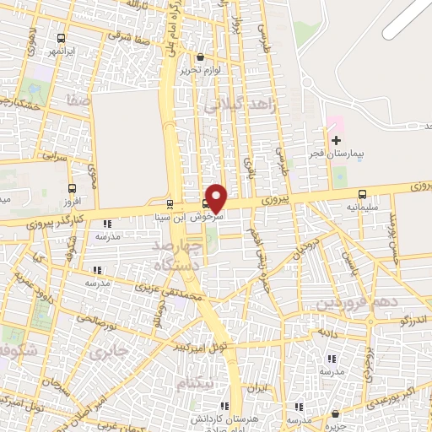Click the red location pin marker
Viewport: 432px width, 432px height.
(x=217, y=197)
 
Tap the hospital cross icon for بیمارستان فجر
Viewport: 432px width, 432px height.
(x=337, y=140)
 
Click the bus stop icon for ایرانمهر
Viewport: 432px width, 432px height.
(x=61, y=38)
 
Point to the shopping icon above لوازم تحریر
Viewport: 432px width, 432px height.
(x=200, y=57)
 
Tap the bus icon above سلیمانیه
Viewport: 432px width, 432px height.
(x=362, y=193)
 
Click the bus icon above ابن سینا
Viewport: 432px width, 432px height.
(x=170, y=204)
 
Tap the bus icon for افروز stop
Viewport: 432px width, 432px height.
(x=72, y=190)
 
